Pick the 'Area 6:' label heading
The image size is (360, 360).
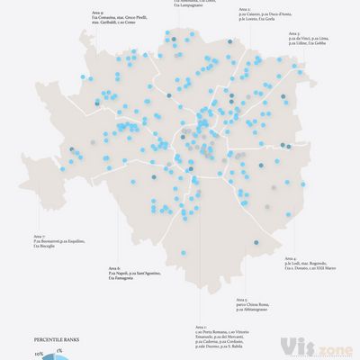[112, 268]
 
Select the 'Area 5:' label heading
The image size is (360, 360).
[241, 299]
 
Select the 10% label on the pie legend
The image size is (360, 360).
[40, 355]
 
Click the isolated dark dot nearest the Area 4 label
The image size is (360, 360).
[257, 242]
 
